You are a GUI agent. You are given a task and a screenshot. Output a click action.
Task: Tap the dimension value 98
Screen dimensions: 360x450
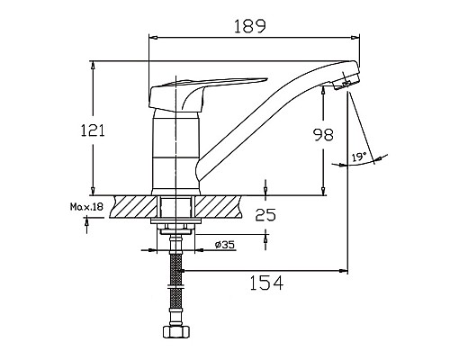pos(322,135)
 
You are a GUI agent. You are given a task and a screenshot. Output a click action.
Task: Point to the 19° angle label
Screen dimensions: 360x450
pos(358,158)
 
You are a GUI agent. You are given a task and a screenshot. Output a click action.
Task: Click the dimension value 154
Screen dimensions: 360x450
pos(265,283)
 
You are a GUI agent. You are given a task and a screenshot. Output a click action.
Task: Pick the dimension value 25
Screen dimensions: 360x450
pos(265,215)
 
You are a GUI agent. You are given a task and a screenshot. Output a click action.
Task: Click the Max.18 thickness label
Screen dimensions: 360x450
pos(86,208)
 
